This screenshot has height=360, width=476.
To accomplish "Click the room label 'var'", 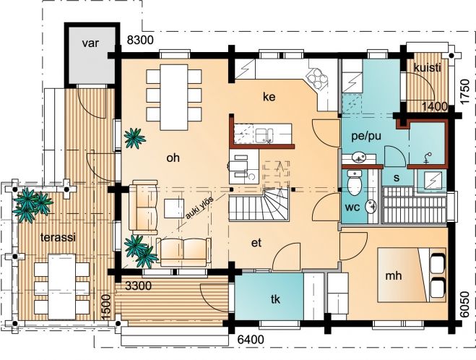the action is [x=90, y=43].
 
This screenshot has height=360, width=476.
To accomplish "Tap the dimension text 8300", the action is [x=140, y=40].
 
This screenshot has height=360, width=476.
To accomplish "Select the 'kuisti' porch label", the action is [x=427, y=67].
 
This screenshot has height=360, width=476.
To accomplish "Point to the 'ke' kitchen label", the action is [x=269, y=97].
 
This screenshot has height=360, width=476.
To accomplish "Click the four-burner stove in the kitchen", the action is [x=316, y=79].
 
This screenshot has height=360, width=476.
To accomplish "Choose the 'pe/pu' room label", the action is [x=366, y=137].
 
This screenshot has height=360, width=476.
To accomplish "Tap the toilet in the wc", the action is [x=354, y=183].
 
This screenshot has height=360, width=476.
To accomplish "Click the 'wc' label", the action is [x=352, y=207].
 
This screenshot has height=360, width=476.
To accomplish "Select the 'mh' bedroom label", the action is [x=394, y=275].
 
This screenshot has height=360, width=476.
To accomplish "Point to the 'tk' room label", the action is [x=275, y=299].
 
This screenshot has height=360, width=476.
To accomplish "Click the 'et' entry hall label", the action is [x=256, y=243].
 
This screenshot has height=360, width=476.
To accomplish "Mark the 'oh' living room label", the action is [x=173, y=158].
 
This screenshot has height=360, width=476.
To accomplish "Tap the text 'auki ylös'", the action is [x=199, y=207].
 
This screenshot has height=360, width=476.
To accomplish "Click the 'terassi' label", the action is [x=58, y=237].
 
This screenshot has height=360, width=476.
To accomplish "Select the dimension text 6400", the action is [x=251, y=339].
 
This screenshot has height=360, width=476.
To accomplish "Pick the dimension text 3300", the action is [x=138, y=286].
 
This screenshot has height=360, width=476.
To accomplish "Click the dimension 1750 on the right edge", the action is [x=464, y=92].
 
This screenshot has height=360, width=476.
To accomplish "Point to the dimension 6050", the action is [x=464, y=304].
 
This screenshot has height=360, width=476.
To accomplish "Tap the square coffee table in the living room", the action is [x=174, y=209].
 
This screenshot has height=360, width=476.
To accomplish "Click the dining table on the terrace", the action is [x=62, y=286].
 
